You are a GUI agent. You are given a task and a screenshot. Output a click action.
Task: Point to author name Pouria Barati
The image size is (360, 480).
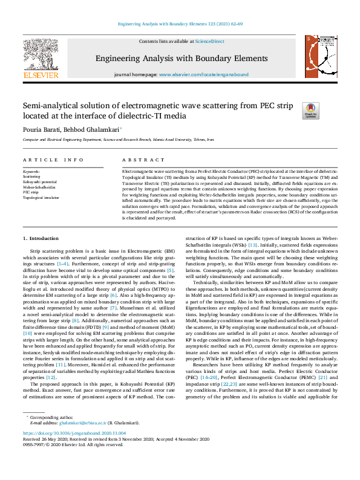coord(42,129)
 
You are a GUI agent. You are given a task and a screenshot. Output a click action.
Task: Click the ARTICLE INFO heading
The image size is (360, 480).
coord(53,160)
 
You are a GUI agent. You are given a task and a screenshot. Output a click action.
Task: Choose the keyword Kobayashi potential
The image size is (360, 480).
coord(39,181)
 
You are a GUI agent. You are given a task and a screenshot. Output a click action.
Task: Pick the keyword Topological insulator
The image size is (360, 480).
coord(41,197)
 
